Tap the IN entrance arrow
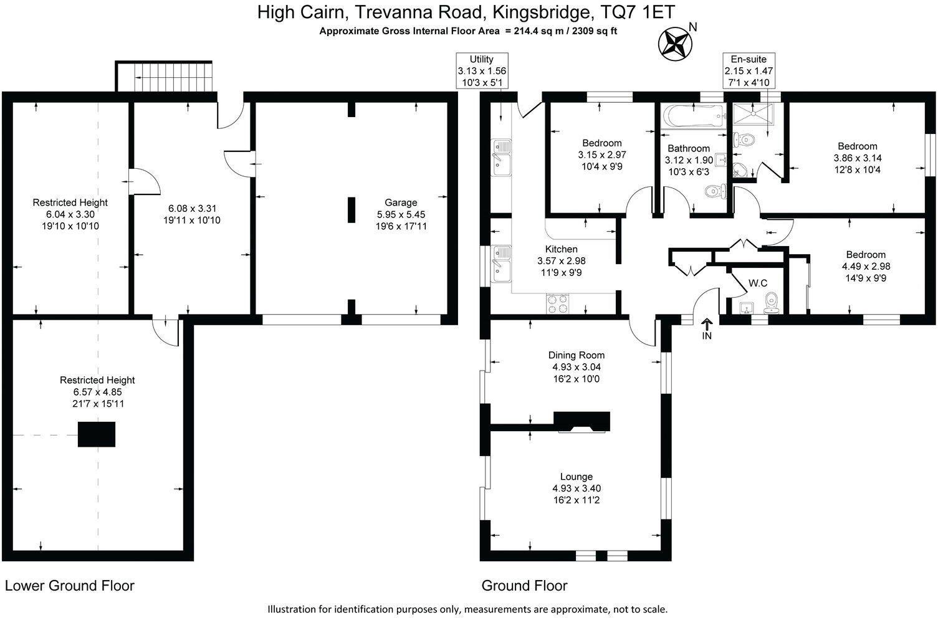(707, 326)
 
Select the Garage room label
(401, 202)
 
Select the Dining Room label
(577, 355)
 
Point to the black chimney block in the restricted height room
(97, 434)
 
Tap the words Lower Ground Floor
(70, 586)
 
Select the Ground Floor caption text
(525, 586)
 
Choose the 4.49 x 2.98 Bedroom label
(866, 254)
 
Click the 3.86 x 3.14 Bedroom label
(858, 146)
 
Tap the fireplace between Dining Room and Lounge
(583, 422)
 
